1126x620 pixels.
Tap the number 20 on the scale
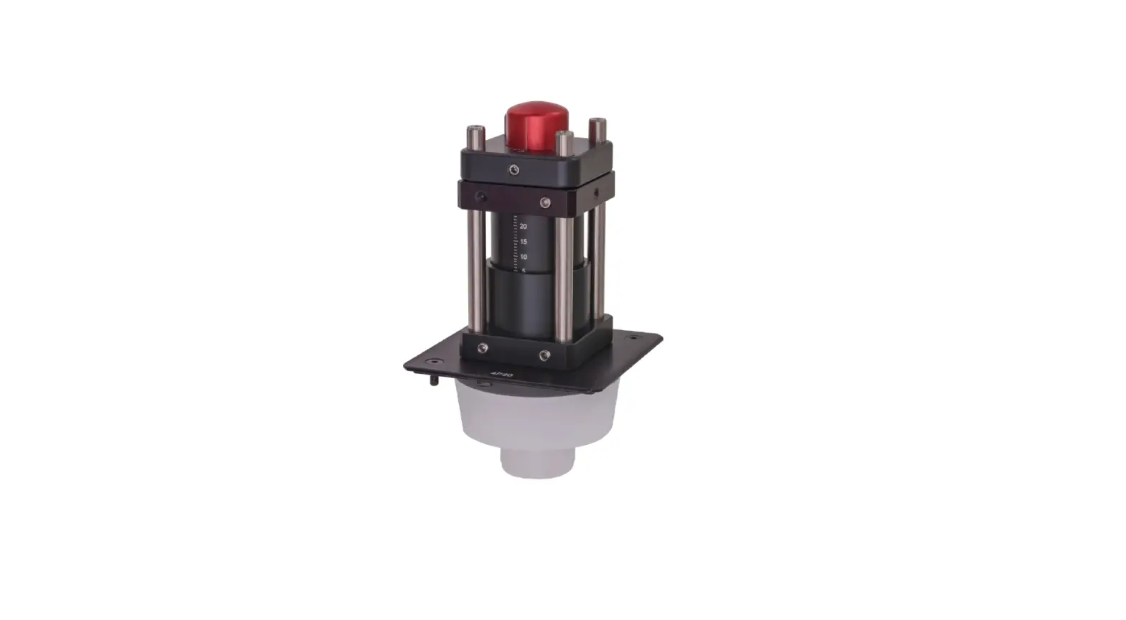(523, 226)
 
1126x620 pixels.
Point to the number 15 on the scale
(523, 242)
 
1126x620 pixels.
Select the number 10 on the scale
(523, 257)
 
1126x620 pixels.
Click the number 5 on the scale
(524, 271)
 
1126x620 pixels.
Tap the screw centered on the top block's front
(513, 169)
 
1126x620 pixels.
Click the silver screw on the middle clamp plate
(545, 202)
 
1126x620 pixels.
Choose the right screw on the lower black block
(544, 354)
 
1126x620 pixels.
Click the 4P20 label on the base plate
(496, 374)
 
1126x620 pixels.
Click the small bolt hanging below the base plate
(434, 382)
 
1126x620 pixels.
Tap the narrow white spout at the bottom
(536, 462)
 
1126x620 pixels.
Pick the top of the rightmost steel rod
(597, 125)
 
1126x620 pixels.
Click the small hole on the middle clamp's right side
(595, 192)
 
